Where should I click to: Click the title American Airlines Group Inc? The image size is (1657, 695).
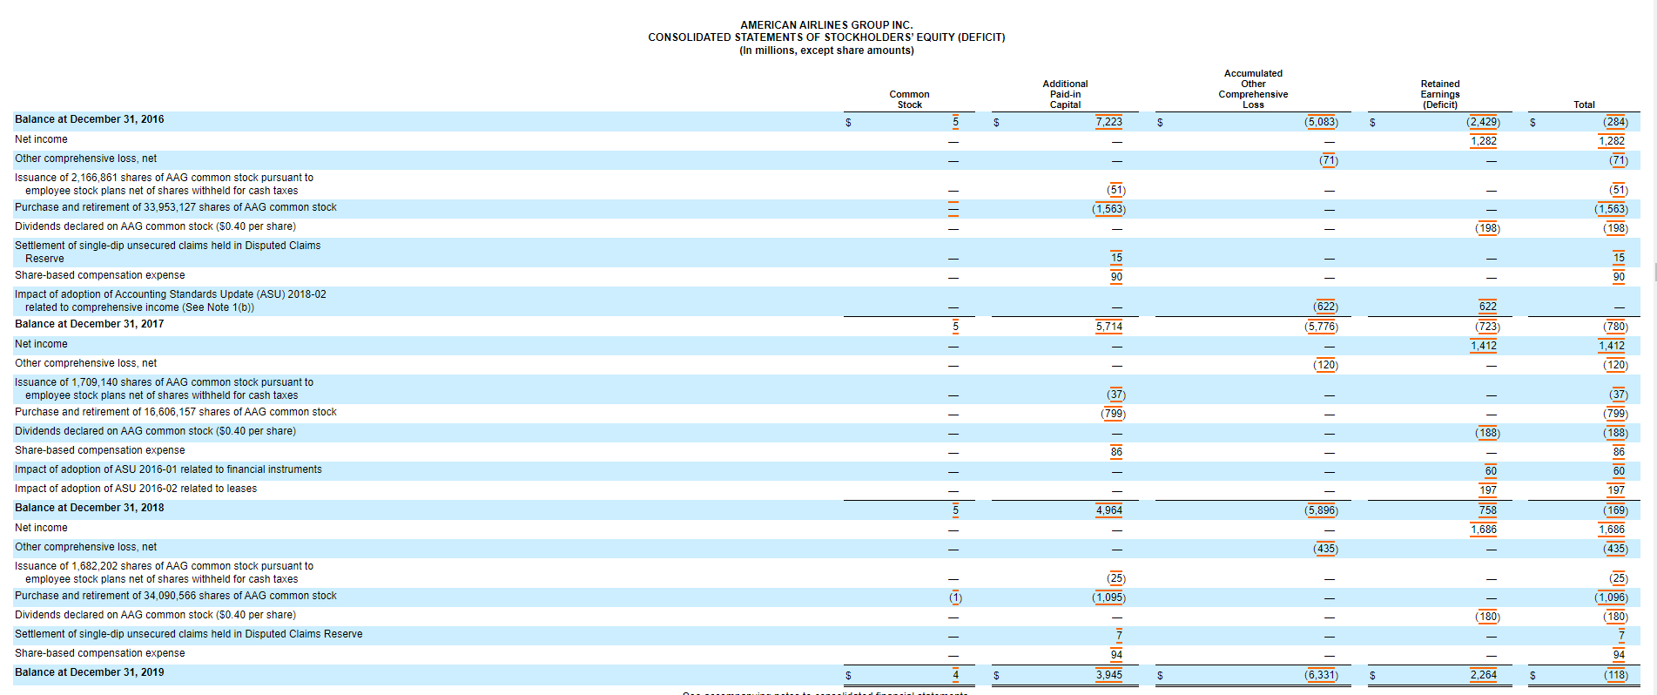[826, 25]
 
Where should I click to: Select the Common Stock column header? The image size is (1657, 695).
[909, 99]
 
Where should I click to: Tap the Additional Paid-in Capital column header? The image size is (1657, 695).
[1065, 94]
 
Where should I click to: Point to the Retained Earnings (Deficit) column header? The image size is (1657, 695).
[1440, 94]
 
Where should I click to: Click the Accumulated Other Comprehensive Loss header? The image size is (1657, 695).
[1253, 89]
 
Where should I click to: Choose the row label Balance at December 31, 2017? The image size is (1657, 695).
[89, 324]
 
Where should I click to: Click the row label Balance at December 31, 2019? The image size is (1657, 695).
[89, 672]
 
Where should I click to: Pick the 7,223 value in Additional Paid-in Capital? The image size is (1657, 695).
[1108, 122]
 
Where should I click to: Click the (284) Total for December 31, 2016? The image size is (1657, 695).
[1615, 122]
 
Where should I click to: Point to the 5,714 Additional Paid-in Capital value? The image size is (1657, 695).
[1108, 327]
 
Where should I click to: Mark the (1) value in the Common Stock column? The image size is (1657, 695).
[955, 597]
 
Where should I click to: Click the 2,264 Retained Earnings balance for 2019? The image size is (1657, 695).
[1483, 675]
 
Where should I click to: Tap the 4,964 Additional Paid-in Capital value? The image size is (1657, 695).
[1108, 510]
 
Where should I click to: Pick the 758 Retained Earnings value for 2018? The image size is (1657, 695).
[1487, 510]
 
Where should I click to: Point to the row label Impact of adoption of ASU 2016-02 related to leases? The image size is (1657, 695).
[136, 489]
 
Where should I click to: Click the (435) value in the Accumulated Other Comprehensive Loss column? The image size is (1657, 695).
[1325, 549]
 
